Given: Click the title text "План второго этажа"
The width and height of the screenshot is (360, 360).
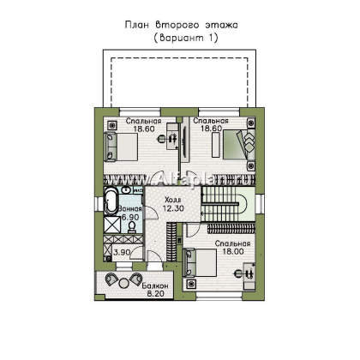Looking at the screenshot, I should tap(179, 26).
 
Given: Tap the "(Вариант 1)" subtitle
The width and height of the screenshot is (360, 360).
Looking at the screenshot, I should tap(179, 39).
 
